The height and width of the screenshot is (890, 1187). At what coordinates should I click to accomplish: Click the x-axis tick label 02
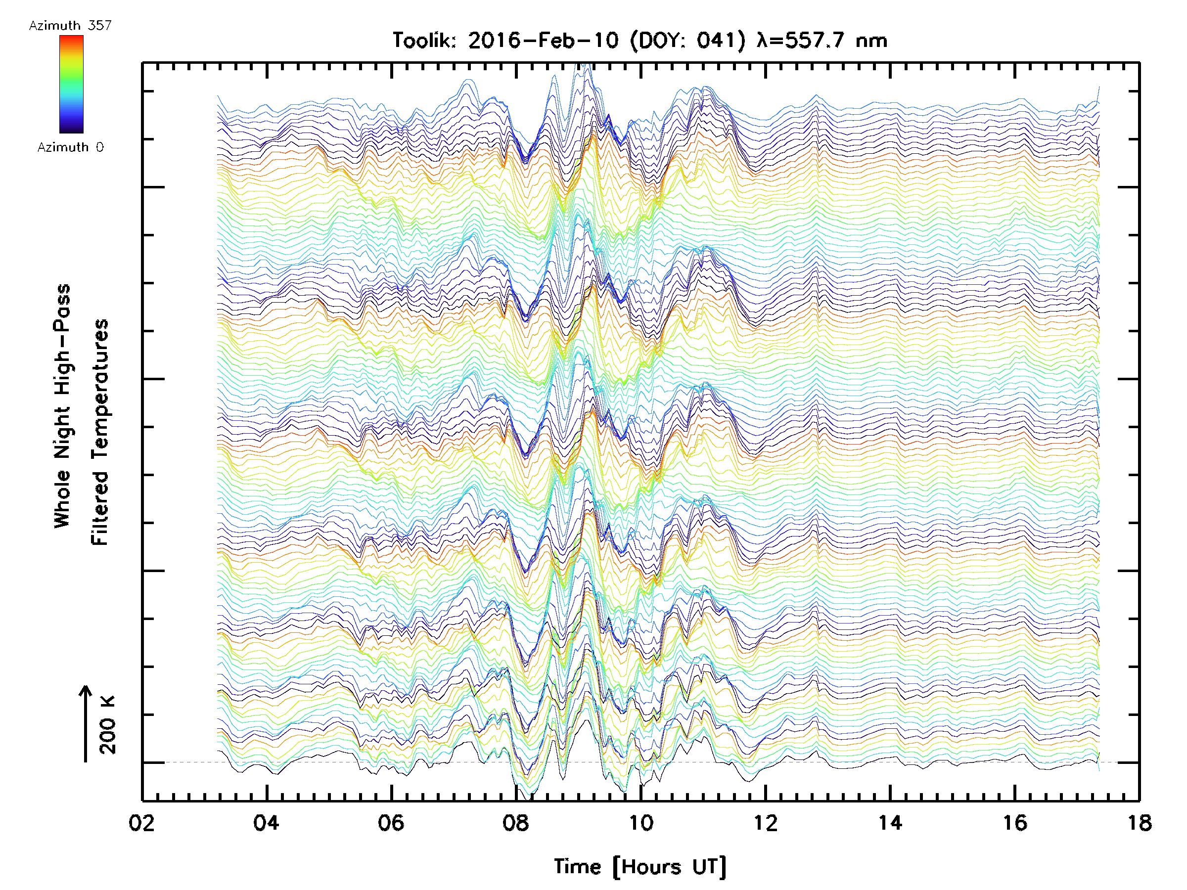coord(141,822)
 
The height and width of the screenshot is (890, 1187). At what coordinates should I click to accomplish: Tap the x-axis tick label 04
coord(266,822)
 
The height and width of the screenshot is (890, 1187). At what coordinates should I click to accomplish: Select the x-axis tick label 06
coord(391,822)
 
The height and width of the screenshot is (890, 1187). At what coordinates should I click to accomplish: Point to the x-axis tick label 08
coord(516,822)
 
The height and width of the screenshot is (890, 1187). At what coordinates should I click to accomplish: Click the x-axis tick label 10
coord(640,822)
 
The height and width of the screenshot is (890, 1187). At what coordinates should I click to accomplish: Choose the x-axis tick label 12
coord(765,822)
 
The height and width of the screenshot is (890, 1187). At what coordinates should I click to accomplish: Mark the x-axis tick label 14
coord(890,822)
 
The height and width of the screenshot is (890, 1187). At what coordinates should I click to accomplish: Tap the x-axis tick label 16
coord(1015,822)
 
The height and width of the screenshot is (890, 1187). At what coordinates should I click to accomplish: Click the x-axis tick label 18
coord(1139,822)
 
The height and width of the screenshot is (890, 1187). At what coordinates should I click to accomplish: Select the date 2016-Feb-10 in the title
coord(543,41)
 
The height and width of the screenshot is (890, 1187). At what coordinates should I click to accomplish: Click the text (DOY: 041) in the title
coord(687,41)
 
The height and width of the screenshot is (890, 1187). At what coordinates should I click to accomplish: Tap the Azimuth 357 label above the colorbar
coord(70,26)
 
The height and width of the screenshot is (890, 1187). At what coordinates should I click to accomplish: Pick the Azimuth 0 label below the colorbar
coord(70,147)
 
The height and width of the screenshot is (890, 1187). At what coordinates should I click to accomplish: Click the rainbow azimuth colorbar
coord(71,84)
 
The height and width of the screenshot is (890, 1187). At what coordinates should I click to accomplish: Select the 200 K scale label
coord(108,724)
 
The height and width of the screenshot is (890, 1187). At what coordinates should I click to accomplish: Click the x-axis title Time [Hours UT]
coord(639,867)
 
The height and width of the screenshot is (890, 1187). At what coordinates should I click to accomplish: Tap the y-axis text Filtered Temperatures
coord(100,432)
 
